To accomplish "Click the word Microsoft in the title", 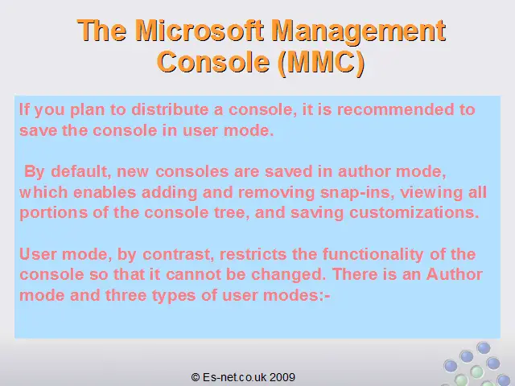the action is tap(200, 31).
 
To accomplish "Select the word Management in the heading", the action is tap(359, 32).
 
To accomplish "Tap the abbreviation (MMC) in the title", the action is tap(321, 63).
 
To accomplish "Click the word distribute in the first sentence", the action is tap(170, 109).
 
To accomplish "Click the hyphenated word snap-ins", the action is tap(357, 193).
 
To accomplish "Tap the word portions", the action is tap(54, 213).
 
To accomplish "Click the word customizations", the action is tap(414, 212).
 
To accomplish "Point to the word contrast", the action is tap(178, 254).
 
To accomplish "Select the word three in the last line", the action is tap(126, 295).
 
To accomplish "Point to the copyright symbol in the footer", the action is tap(196, 377).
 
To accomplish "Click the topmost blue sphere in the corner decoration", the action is tap(483, 347).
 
